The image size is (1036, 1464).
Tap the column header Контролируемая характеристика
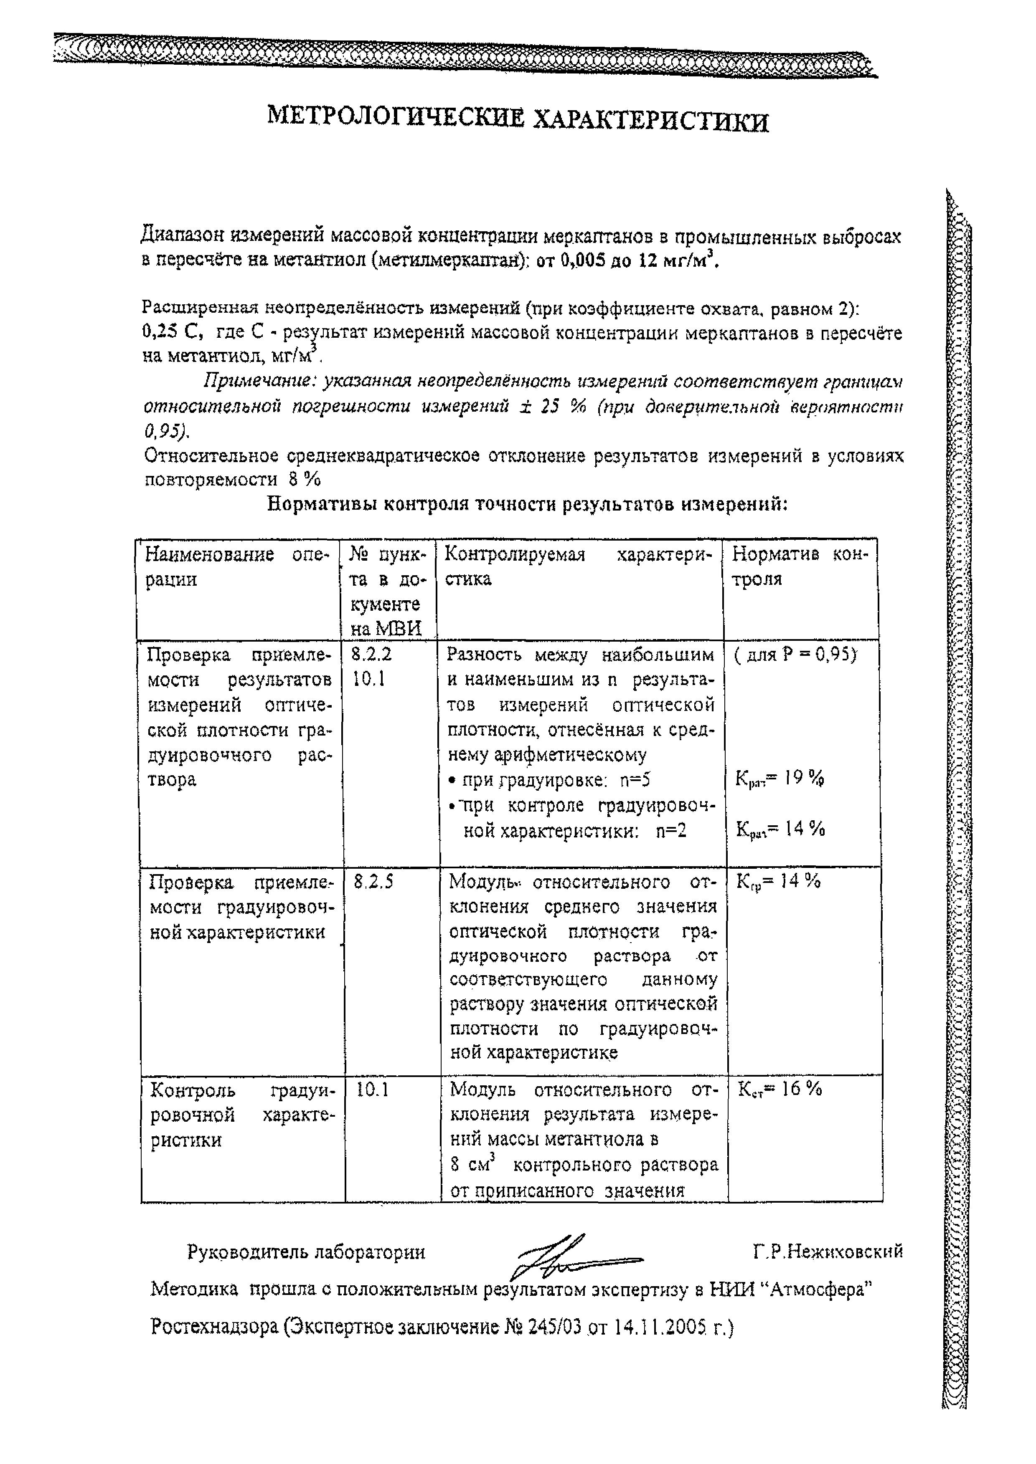coord(578,567)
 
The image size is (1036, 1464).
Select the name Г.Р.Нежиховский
coord(828,1252)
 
